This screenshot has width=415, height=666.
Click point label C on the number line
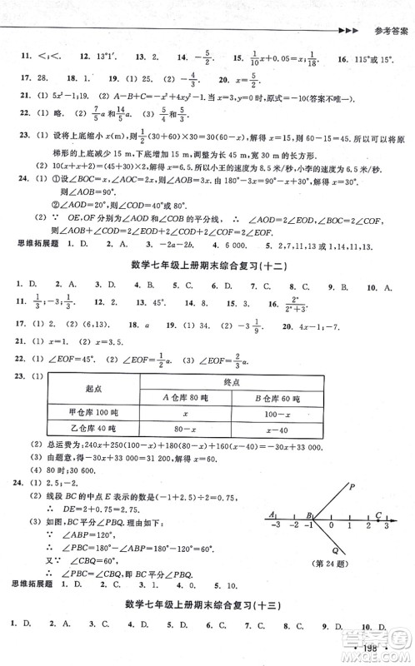pyautogui.click(x=377, y=514)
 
